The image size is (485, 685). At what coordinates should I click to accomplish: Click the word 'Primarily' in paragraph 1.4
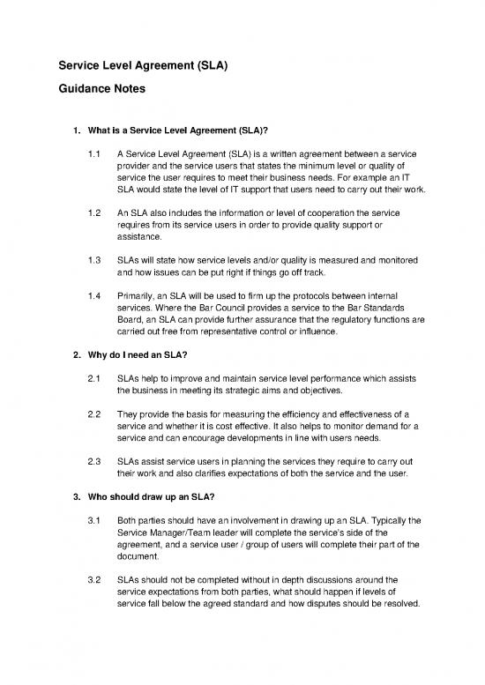pyautogui.click(x=137, y=297)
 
